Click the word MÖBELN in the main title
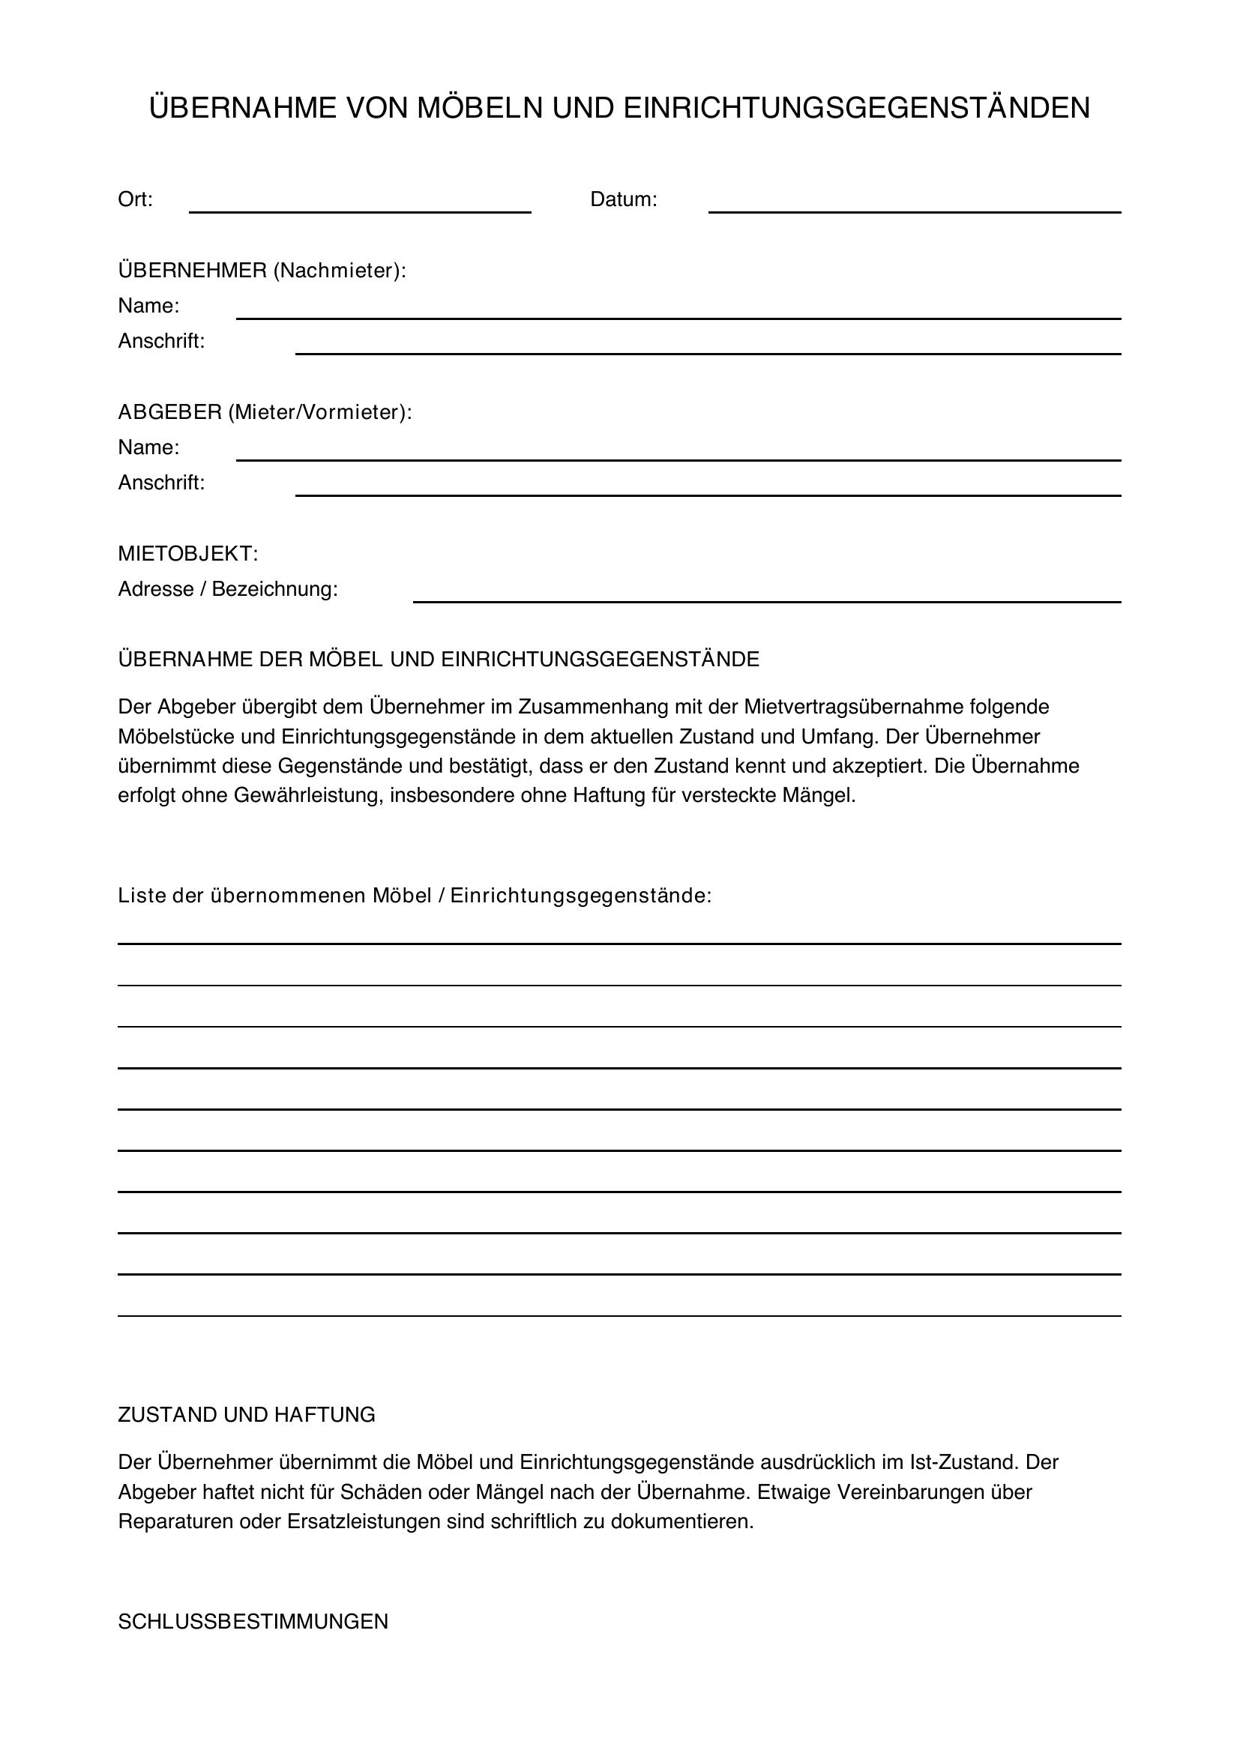pos(479,108)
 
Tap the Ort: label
pos(135,199)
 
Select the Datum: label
pos(623,199)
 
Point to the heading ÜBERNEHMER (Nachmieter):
pos(262,271)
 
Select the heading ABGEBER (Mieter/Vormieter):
pos(264,412)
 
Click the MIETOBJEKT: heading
pos(188,555)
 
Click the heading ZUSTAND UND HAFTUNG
pos(247,1415)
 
